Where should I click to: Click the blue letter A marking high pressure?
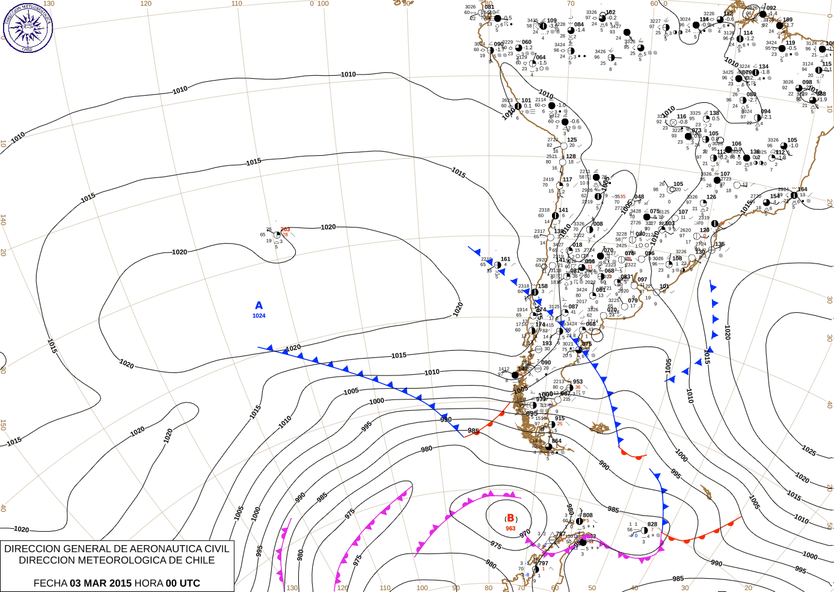tap(259, 306)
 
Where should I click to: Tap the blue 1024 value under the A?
tap(259, 316)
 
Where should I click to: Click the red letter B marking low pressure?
tap(511, 518)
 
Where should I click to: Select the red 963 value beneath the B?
tap(511, 529)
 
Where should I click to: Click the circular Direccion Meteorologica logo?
tap(27, 26)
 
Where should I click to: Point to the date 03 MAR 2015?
tap(100, 583)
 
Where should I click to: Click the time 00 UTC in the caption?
tap(183, 583)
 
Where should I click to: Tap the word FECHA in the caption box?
tap(50, 583)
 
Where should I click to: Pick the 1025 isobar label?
tap(809, 451)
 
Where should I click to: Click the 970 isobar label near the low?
tap(525, 532)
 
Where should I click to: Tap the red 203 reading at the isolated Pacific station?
tap(285, 229)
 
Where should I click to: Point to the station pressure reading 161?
tap(505, 259)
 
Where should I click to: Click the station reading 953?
tap(577, 381)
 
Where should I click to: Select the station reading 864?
tap(556, 441)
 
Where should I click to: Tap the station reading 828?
tap(652, 525)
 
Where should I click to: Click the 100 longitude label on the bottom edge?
tap(422, 588)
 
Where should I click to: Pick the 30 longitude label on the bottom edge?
tap(685, 588)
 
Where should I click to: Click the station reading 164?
tap(802, 190)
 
